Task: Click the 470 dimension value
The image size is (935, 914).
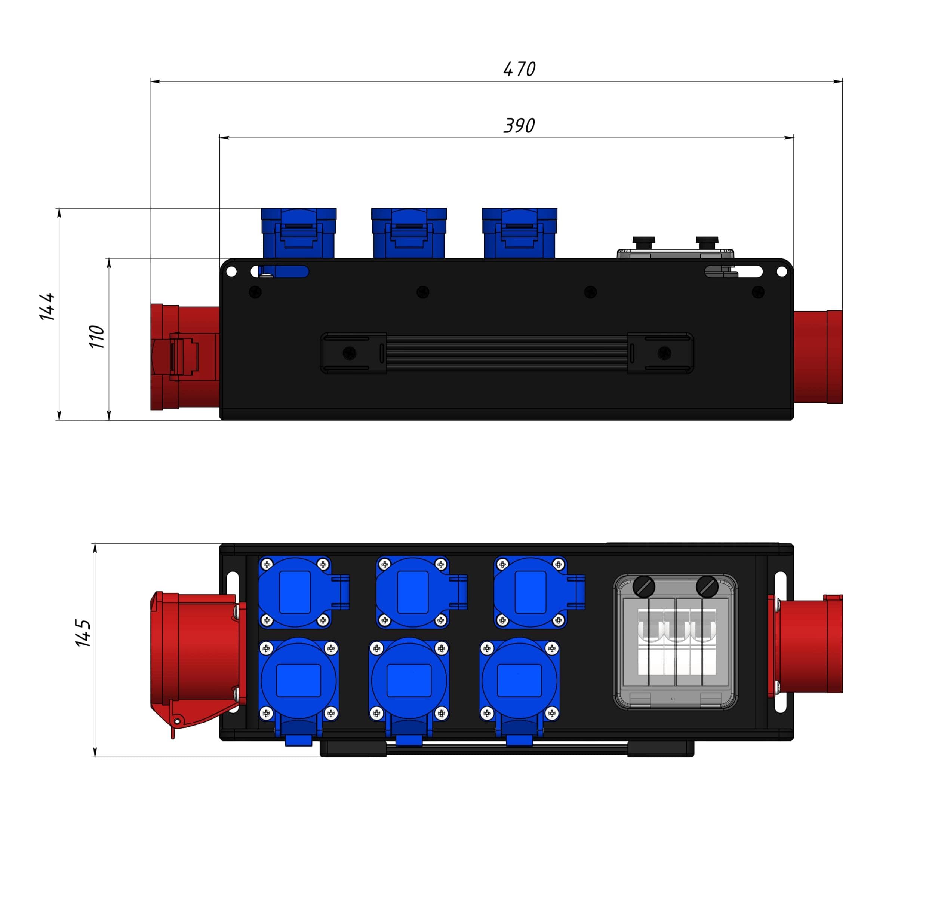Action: click(x=519, y=69)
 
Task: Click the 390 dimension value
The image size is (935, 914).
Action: click(x=519, y=126)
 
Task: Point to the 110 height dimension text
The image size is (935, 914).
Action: click(x=96, y=337)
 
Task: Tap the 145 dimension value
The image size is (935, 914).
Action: click(x=83, y=633)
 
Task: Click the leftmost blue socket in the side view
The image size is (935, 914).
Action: click(x=299, y=233)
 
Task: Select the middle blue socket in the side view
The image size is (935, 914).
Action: click(x=409, y=233)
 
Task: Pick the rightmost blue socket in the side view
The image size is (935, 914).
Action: click(x=519, y=233)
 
